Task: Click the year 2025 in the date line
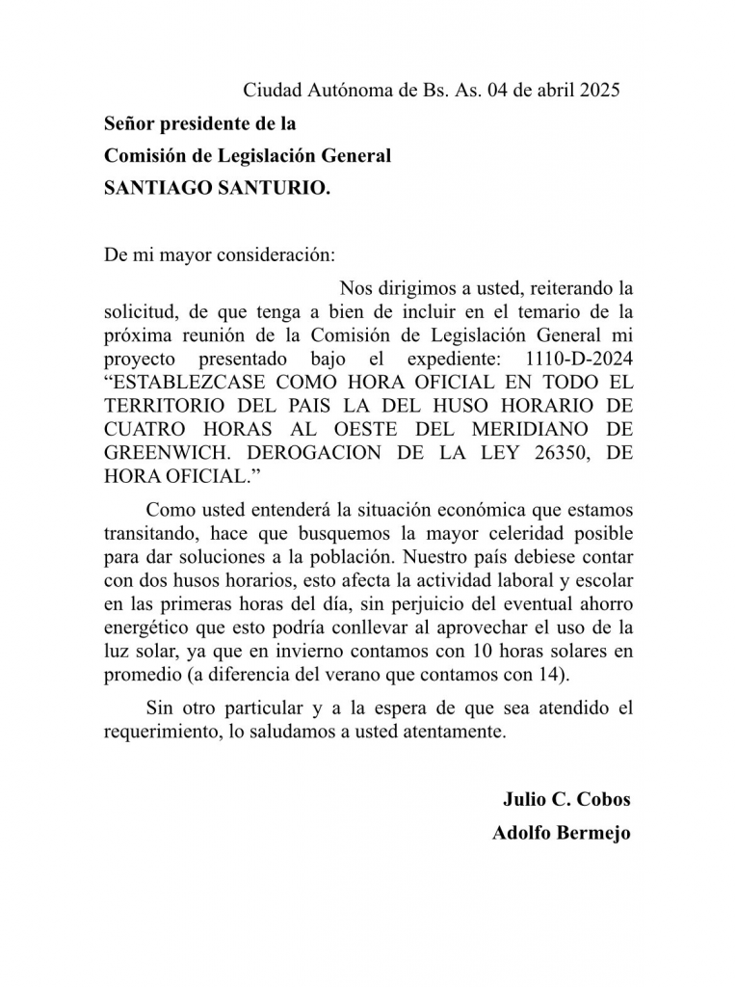pos(598,92)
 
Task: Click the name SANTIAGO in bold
pos(152,190)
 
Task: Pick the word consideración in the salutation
pos(276,256)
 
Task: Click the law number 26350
pos(553,451)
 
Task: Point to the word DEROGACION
pos(317,451)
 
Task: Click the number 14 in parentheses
pos(542,673)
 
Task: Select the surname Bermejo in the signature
pos(591,834)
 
